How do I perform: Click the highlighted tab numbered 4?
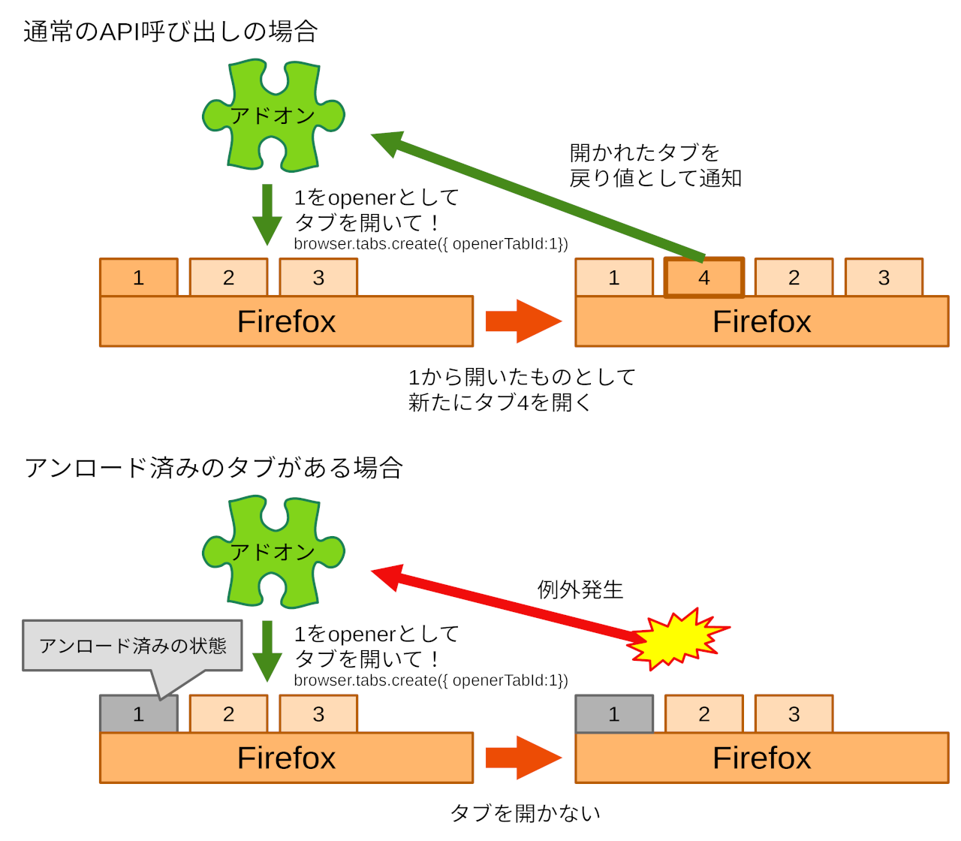tap(703, 278)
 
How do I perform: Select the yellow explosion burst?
tap(678, 640)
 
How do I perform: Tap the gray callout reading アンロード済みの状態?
tap(132, 646)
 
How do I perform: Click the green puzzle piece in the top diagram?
tap(273, 115)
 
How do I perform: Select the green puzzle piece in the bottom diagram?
tap(273, 551)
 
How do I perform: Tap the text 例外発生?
tap(580, 589)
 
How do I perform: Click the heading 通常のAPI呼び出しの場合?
tap(170, 32)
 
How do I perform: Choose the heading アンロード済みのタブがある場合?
tap(213, 468)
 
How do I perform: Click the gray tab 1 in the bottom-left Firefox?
tap(138, 714)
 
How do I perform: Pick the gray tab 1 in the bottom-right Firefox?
tap(614, 714)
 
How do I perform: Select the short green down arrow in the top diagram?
tap(267, 214)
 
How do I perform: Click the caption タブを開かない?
tap(525, 812)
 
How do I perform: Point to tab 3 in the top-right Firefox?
tap(884, 278)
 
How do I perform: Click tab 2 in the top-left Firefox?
tap(228, 278)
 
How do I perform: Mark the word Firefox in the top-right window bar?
tap(761, 321)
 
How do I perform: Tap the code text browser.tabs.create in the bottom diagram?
tap(430, 680)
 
